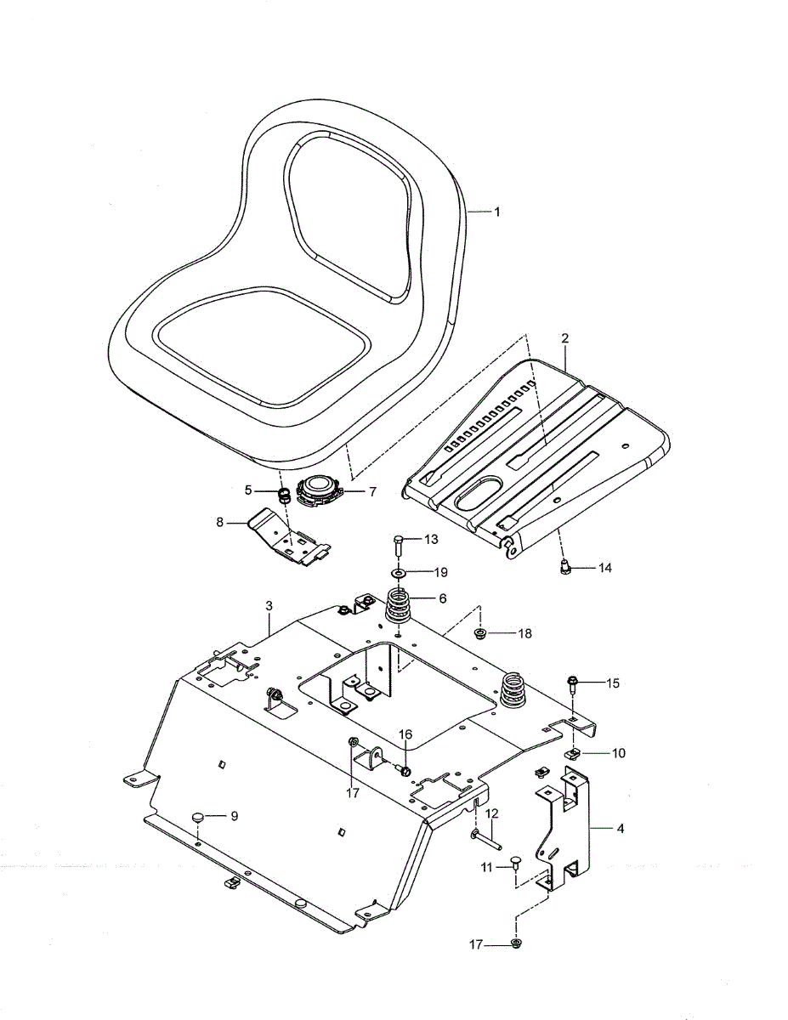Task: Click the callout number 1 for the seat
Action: pos(496,212)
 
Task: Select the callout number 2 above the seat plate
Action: pos(564,338)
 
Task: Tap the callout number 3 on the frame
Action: pos(269,606)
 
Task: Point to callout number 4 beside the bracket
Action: pos(621,829)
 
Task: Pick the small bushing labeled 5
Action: pos(284,496)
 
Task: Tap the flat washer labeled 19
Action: pos(400,573)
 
